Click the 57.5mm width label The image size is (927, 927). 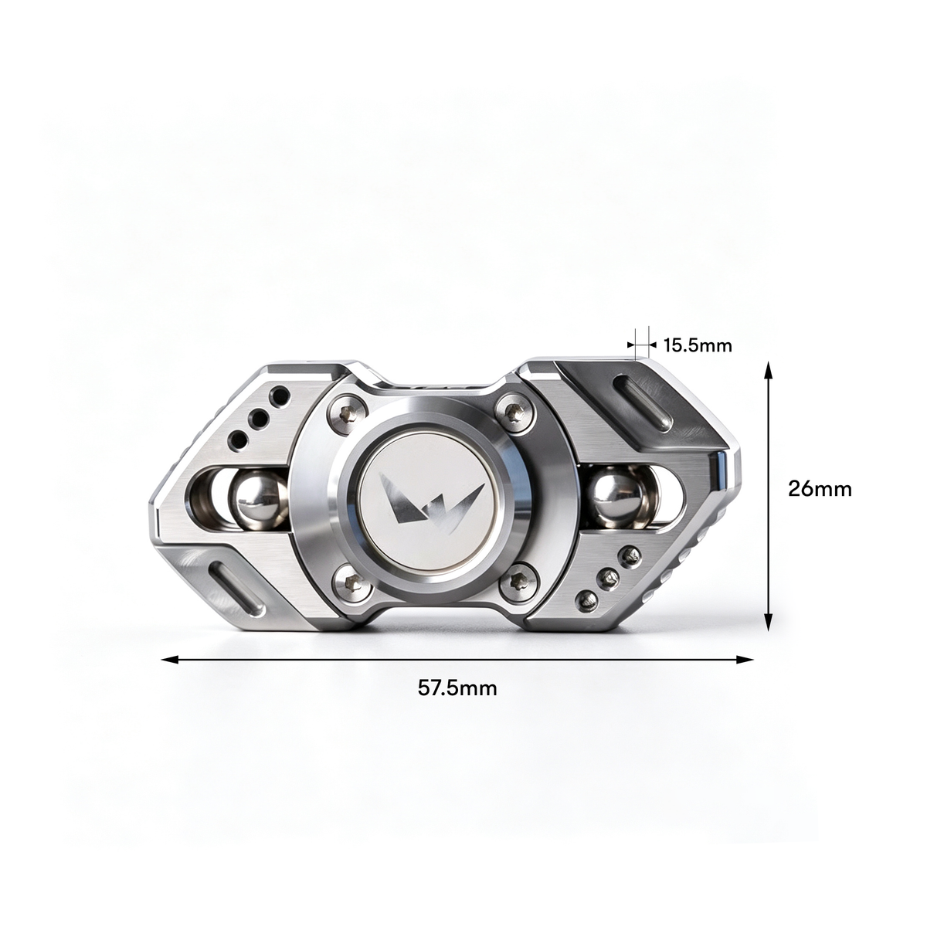457,688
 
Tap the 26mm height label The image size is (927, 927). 820,489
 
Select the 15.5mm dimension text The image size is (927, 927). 698,345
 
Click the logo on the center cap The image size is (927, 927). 432,503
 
